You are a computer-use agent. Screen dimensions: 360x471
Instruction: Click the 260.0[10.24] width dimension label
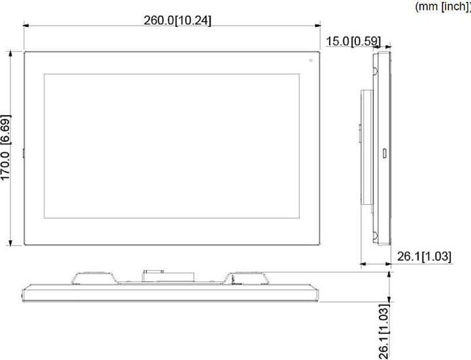[177, 20]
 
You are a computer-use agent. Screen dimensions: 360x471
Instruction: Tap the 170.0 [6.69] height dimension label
[6, 149]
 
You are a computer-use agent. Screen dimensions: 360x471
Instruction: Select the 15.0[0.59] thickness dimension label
[353, 41]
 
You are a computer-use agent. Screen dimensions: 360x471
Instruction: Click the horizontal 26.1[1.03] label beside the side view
[424, 257]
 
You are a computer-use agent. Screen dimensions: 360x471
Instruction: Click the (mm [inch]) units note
[443, 6]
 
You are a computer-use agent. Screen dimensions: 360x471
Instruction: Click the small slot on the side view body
[384, 154]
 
